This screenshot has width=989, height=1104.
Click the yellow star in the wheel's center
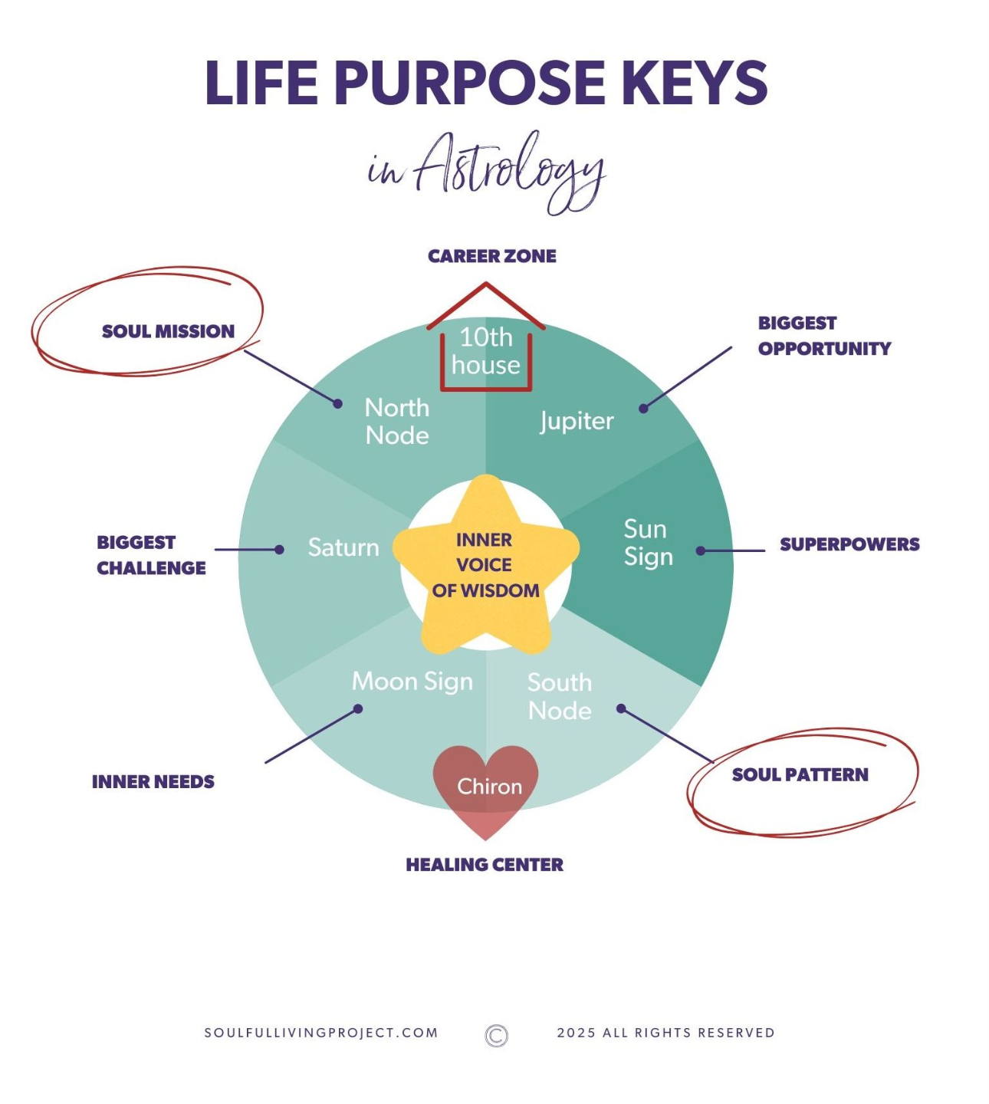coord(485,565)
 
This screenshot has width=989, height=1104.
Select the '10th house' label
coord(486,351)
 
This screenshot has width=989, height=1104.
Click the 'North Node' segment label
coord(397,422)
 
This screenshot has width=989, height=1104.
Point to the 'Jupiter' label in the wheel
coord(577,421)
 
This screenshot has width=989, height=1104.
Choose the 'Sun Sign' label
coord(648,543)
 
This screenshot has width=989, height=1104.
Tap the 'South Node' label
coord(560,697)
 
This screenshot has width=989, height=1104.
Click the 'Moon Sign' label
coord(412,682)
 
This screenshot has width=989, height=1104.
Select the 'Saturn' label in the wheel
coord(343,547)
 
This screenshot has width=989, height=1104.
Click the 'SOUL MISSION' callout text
coord(168,331)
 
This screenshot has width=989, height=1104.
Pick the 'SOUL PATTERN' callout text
coord(800,775)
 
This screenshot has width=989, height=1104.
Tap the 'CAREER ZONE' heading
coord(492,256)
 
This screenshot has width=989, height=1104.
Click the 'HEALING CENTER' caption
coord(485,865)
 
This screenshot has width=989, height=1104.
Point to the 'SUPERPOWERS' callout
coord(849,544)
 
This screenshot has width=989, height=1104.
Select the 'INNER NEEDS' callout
coord(153,782)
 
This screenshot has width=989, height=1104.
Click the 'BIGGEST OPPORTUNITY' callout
coord(824,336)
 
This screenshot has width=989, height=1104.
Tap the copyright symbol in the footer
coord(497,1036)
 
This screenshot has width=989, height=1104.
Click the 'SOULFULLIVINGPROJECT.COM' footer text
coord(321,1033)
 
